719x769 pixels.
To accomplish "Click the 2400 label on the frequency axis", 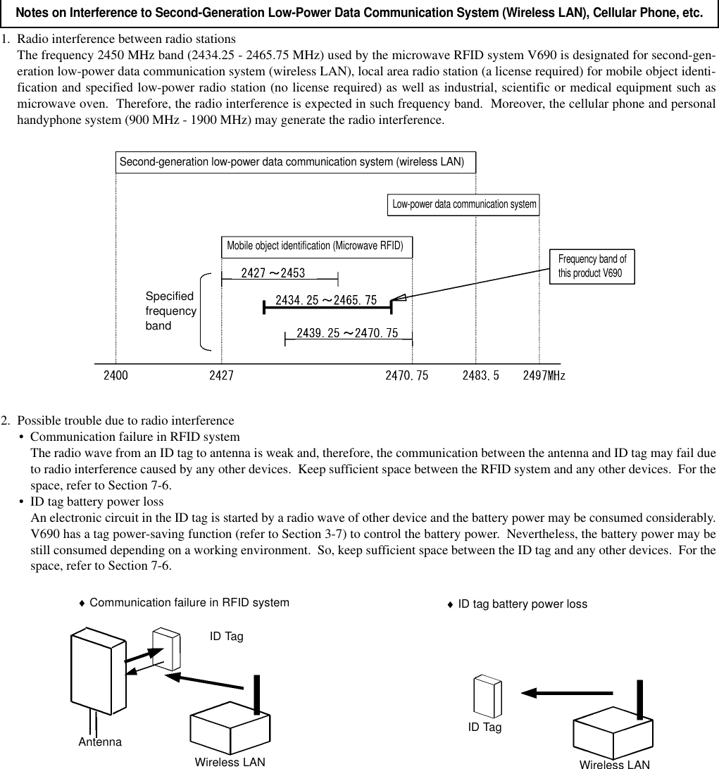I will [116, 375].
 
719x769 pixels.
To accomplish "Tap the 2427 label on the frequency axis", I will [221, 375].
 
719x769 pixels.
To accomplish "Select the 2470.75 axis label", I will [406, 375].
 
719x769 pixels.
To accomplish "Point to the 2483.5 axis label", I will [480, 375].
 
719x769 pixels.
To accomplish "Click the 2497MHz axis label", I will [544, 375].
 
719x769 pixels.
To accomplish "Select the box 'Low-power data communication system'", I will [464, 204].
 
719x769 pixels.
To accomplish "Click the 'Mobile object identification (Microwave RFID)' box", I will [315, 246].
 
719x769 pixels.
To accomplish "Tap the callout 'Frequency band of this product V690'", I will [592, 266].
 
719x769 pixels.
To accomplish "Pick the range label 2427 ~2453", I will [273, 273].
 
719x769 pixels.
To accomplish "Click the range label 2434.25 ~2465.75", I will [325, 300].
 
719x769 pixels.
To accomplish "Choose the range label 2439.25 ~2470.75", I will [347, 332].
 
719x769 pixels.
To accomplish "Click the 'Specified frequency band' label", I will [170, 311].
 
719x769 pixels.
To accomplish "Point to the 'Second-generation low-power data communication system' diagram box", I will [292, 161].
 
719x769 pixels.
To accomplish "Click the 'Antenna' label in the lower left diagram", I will [100, 742].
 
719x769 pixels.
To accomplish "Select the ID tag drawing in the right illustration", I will [487, 696].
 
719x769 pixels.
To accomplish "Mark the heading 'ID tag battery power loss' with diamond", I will [518, 604].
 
